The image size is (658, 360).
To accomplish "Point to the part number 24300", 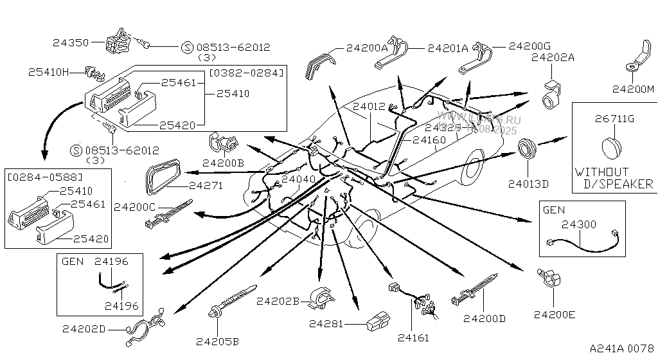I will (579, 224).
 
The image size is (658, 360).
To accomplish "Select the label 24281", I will (330, 323).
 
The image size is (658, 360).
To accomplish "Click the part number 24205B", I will (217, 341).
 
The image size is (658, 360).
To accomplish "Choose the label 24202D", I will (84, 329).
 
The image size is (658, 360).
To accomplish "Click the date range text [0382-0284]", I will (246, 72).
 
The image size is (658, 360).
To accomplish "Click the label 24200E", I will (555, 314).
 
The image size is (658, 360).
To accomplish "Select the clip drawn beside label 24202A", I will (551, 94).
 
